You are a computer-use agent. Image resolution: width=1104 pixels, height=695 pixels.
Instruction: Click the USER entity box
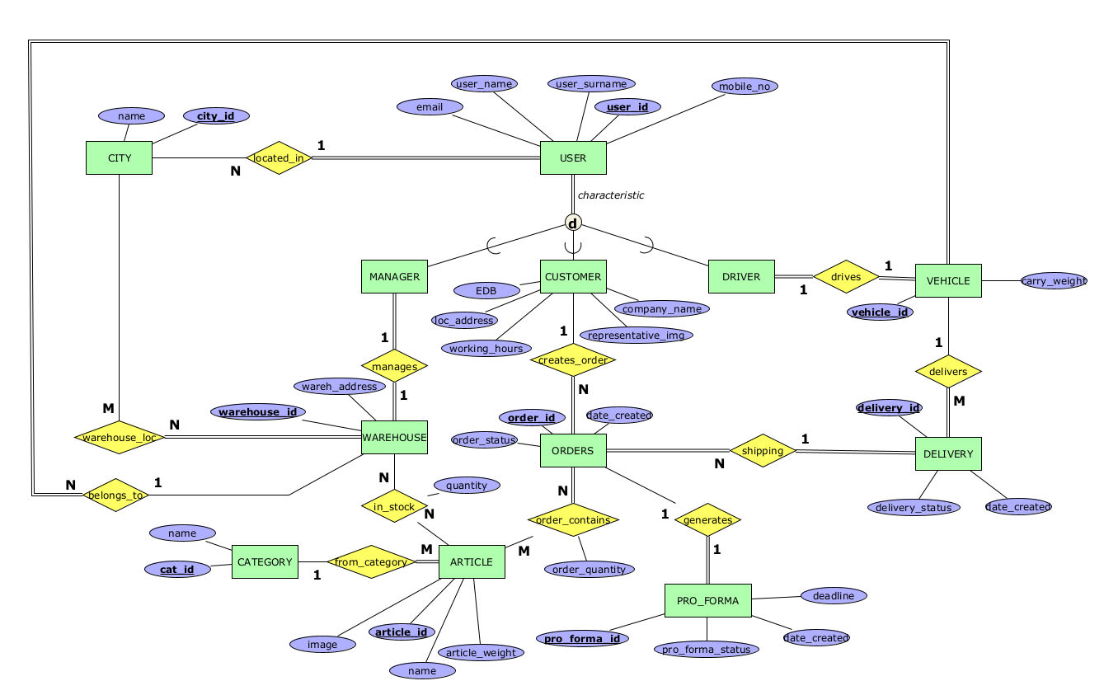tap(573, 158)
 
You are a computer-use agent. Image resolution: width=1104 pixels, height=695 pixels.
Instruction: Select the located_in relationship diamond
tap(280, 157)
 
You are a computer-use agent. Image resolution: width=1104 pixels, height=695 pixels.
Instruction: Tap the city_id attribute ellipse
tap(215, 116)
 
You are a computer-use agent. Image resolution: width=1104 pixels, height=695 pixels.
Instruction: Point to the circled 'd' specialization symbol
tap(573, 223)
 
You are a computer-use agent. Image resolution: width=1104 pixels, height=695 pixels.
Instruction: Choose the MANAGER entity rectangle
tap(394, 277)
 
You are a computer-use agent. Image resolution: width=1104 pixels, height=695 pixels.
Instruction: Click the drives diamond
tap(846, 277)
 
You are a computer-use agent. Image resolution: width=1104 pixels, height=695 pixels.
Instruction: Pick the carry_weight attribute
tap(1054, 281)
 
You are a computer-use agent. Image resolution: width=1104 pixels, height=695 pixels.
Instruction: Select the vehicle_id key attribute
tap(880, 312)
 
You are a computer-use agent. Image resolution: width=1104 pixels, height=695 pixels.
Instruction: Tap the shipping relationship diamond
tap(763, 451)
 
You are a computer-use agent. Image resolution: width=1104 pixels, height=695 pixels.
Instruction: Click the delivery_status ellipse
tap(914, 507)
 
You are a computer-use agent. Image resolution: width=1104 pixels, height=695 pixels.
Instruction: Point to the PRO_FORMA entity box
tap(707, 600)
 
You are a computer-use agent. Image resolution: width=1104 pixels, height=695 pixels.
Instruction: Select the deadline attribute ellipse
tap(834, 595)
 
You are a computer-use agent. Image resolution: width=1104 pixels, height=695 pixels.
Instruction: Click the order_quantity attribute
tap(589, 569)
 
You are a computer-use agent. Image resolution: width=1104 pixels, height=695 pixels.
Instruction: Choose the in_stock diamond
tap(394, 507)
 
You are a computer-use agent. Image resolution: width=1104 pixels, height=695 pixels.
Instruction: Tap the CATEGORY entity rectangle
tap(265, 562)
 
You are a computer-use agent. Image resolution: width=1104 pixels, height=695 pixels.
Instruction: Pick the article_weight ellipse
tap(481, 653)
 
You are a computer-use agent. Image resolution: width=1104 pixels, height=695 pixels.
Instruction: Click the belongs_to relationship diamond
tap(115, 495)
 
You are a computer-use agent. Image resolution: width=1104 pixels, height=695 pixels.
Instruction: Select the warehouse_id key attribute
tap(259, 411)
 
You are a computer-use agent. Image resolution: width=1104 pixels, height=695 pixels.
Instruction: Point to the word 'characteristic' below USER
tap(611, 195)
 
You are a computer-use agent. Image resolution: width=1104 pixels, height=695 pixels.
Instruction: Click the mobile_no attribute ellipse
tap(745, 86)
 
